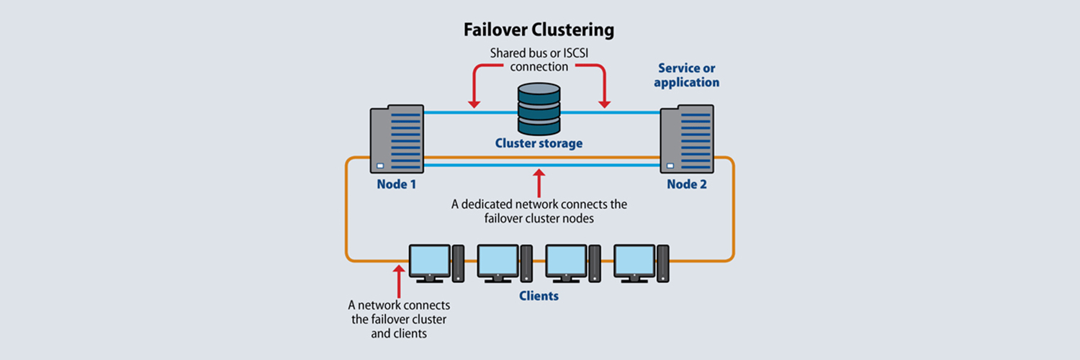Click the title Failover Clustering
(539, 30)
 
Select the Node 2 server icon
(687, 140)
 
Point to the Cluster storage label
(539, 143)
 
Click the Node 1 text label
(396, 184)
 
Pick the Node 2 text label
(687, 184)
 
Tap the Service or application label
(687, 75)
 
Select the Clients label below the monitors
(539, 296)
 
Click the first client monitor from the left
(430, 262)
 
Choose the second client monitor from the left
(498, 262)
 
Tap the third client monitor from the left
(566, 262)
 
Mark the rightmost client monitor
(634, 262)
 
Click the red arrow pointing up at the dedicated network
(539, 180)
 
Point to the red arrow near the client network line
(397, 279)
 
